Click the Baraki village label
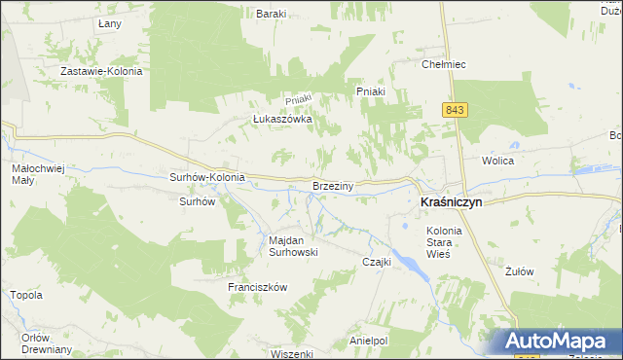pos(270,14)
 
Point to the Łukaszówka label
pos(281,119)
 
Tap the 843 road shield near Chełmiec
pos(455,110)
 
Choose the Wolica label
pos(496,160)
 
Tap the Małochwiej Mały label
pos(37,174)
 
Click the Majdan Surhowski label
pos(293,245)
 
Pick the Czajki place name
pos(377,262)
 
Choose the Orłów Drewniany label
pos(47,343)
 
